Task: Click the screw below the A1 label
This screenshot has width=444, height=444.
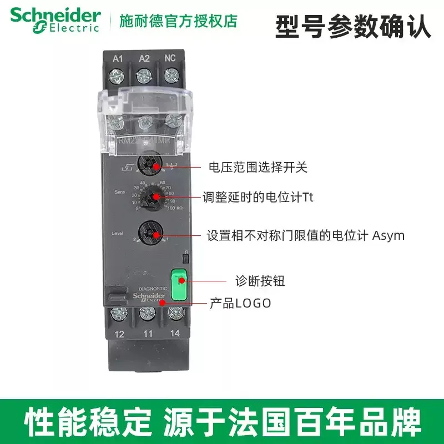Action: coord(117,74)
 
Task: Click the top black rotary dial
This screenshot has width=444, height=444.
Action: coord(150,165)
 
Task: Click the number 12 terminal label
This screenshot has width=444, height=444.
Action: coord(119,334)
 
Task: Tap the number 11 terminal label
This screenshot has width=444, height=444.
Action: coord(147,334)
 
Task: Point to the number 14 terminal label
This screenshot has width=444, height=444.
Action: coord(175,334)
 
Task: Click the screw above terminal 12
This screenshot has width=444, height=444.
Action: coord(118,314)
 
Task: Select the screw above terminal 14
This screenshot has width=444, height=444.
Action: coord(175,312)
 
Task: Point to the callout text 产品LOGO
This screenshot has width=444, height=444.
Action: coord(240,303)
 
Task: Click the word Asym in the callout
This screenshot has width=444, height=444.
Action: coord(388,235)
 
